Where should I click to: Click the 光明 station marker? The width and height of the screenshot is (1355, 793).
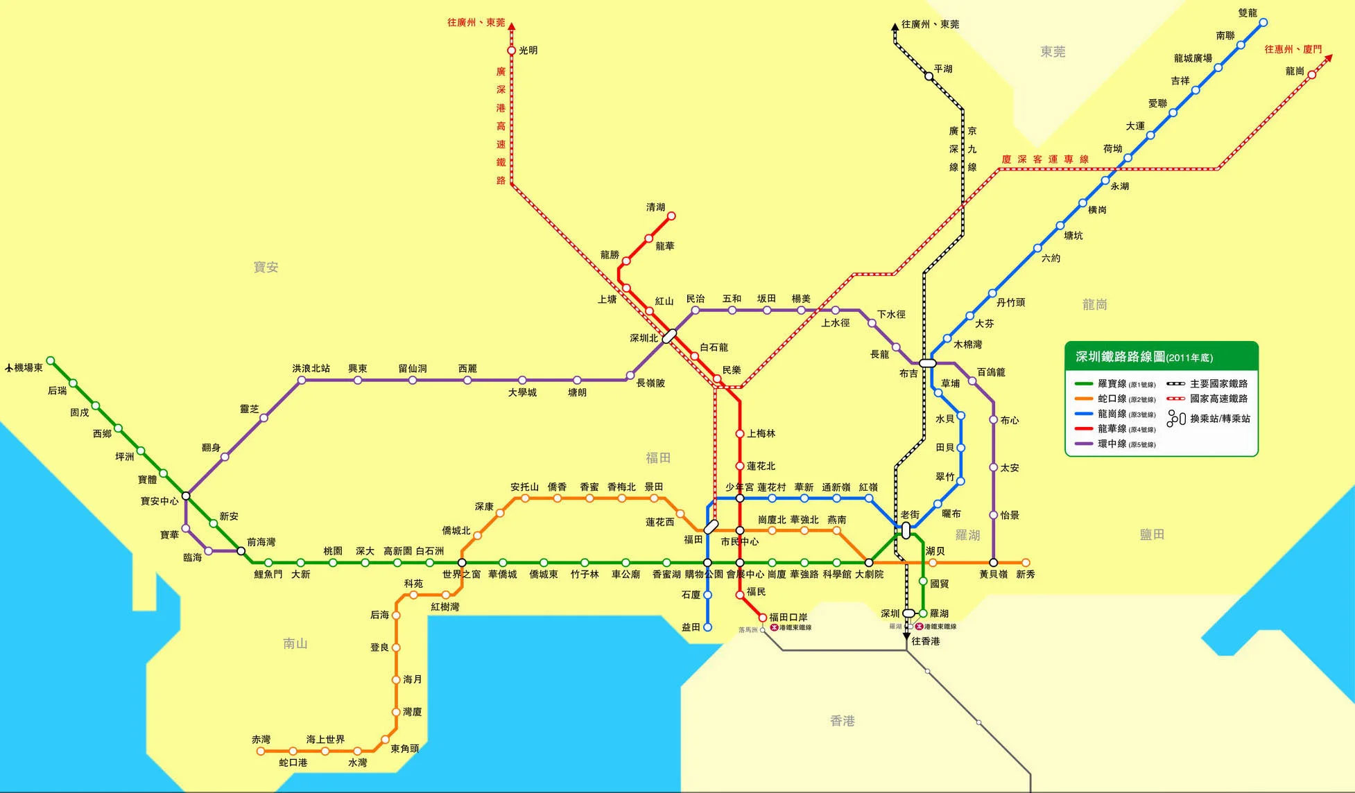point(512,51)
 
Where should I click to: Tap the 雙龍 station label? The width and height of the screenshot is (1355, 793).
point(1248,13)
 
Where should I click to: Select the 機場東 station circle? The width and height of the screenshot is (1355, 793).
point(51,360)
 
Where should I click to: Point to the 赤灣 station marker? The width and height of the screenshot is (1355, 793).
point(261,751)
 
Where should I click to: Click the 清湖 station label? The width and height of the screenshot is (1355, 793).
point(655,207)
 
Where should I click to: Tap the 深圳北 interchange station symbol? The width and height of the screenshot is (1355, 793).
point(669,336)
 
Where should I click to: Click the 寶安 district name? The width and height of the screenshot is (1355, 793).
point(266,267)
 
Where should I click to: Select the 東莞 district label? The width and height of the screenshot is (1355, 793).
point(1053,52)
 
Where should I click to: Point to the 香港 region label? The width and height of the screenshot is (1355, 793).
point(843,721)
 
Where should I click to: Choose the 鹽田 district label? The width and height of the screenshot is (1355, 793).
point(1152,534)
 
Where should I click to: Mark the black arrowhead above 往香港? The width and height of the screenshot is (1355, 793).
point(906,636)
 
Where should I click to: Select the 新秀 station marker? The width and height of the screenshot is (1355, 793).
point(1026,563)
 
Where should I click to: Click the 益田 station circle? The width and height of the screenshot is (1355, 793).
point(707,627)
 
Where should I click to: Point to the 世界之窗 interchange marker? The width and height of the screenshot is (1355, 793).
point(462,563)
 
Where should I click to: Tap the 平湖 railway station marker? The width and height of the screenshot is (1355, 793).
point(929,76)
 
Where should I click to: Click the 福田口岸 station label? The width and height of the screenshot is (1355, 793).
point(788,617)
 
